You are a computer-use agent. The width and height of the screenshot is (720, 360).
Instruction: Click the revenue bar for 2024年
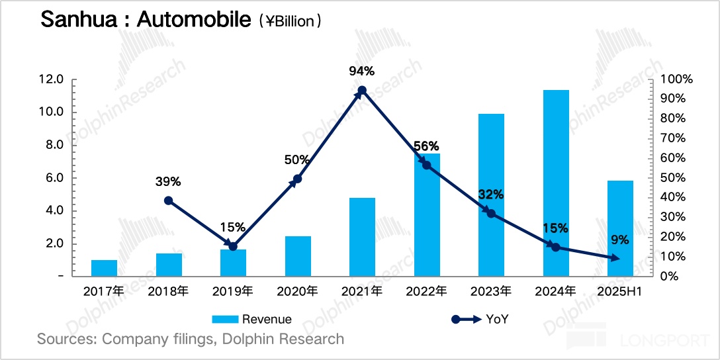(x=556, y=183)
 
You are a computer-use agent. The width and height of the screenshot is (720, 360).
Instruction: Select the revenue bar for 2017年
(x=104, y=268)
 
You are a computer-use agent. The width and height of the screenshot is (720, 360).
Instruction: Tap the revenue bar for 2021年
(x=362, y=236)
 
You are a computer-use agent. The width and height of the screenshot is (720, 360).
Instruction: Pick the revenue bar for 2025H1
(x=620, y=228)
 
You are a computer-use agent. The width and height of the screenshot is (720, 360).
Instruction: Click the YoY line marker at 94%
(x=362, y=90)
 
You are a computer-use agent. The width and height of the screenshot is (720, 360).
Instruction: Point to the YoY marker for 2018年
(x=169, y=201)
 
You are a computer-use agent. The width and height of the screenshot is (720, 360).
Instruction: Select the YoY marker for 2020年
(x=298, y=179)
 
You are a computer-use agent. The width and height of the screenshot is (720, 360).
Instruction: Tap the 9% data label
(x=620, y=240)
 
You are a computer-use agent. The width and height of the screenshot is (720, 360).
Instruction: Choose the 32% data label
(x=490, y=195)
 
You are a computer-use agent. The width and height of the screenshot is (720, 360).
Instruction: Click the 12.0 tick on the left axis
(x=51, y=79)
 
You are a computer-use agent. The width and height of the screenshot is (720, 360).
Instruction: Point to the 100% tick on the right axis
(x=677, y=79)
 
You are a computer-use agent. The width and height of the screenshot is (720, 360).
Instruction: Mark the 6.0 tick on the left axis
(x=54, y=177)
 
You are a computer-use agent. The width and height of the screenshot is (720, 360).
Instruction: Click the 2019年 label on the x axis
(x=233, y=291)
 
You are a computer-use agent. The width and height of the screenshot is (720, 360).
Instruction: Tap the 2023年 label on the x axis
(x=490, y=291)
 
